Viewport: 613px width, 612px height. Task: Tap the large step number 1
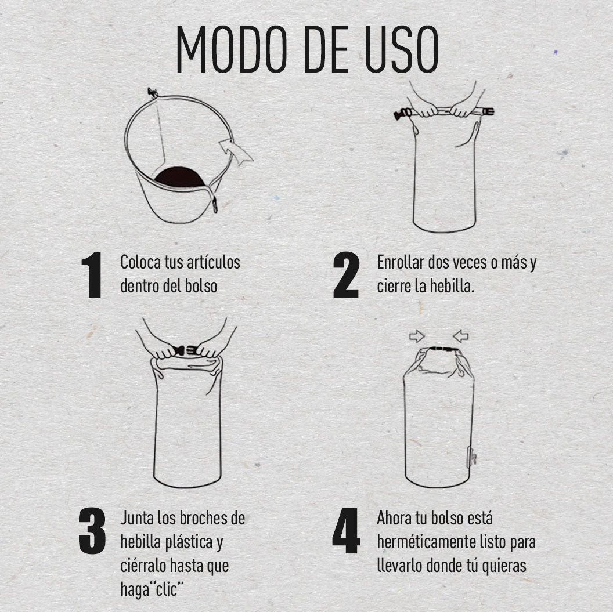point(92,275)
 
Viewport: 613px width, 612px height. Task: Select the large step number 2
point(346,275)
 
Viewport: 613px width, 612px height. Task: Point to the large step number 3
point(92,530)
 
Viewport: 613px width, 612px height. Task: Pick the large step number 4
point(346,530)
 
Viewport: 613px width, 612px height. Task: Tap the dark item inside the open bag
point(180,178)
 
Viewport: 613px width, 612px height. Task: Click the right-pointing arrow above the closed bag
point(417,336)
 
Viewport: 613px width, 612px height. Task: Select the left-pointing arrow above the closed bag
point(460,336)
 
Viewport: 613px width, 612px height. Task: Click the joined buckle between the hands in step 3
point(185,350)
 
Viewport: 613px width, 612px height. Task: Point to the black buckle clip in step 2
point(401,114)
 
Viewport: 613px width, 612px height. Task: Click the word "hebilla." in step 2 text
point(452,287)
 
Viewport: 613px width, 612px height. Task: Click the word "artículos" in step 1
point(214,262)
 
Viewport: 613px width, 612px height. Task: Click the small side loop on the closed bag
point(473,456)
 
